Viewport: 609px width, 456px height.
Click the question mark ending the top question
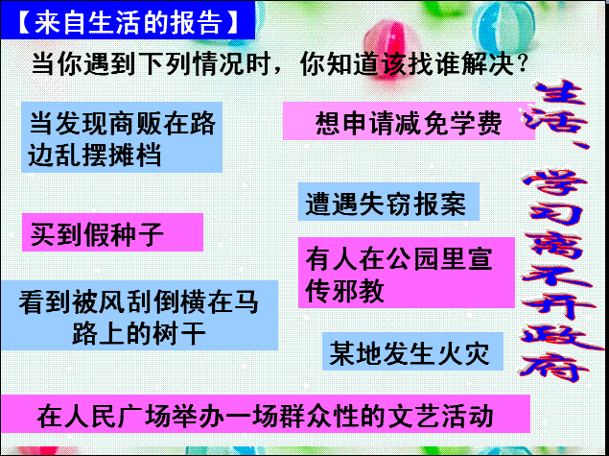(523, 65)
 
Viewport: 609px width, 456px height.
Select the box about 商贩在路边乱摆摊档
(122, 137)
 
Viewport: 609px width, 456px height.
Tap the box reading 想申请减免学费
(409, 121)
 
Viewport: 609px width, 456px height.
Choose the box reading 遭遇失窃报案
(388, 202)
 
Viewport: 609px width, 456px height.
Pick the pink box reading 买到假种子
(112, 232)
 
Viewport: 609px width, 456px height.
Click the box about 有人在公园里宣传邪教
(407, 273)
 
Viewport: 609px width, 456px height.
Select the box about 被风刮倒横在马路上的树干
(139, 315)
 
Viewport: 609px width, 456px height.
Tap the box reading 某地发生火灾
(412, 351)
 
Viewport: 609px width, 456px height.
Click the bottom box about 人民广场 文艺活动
(265, 414)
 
